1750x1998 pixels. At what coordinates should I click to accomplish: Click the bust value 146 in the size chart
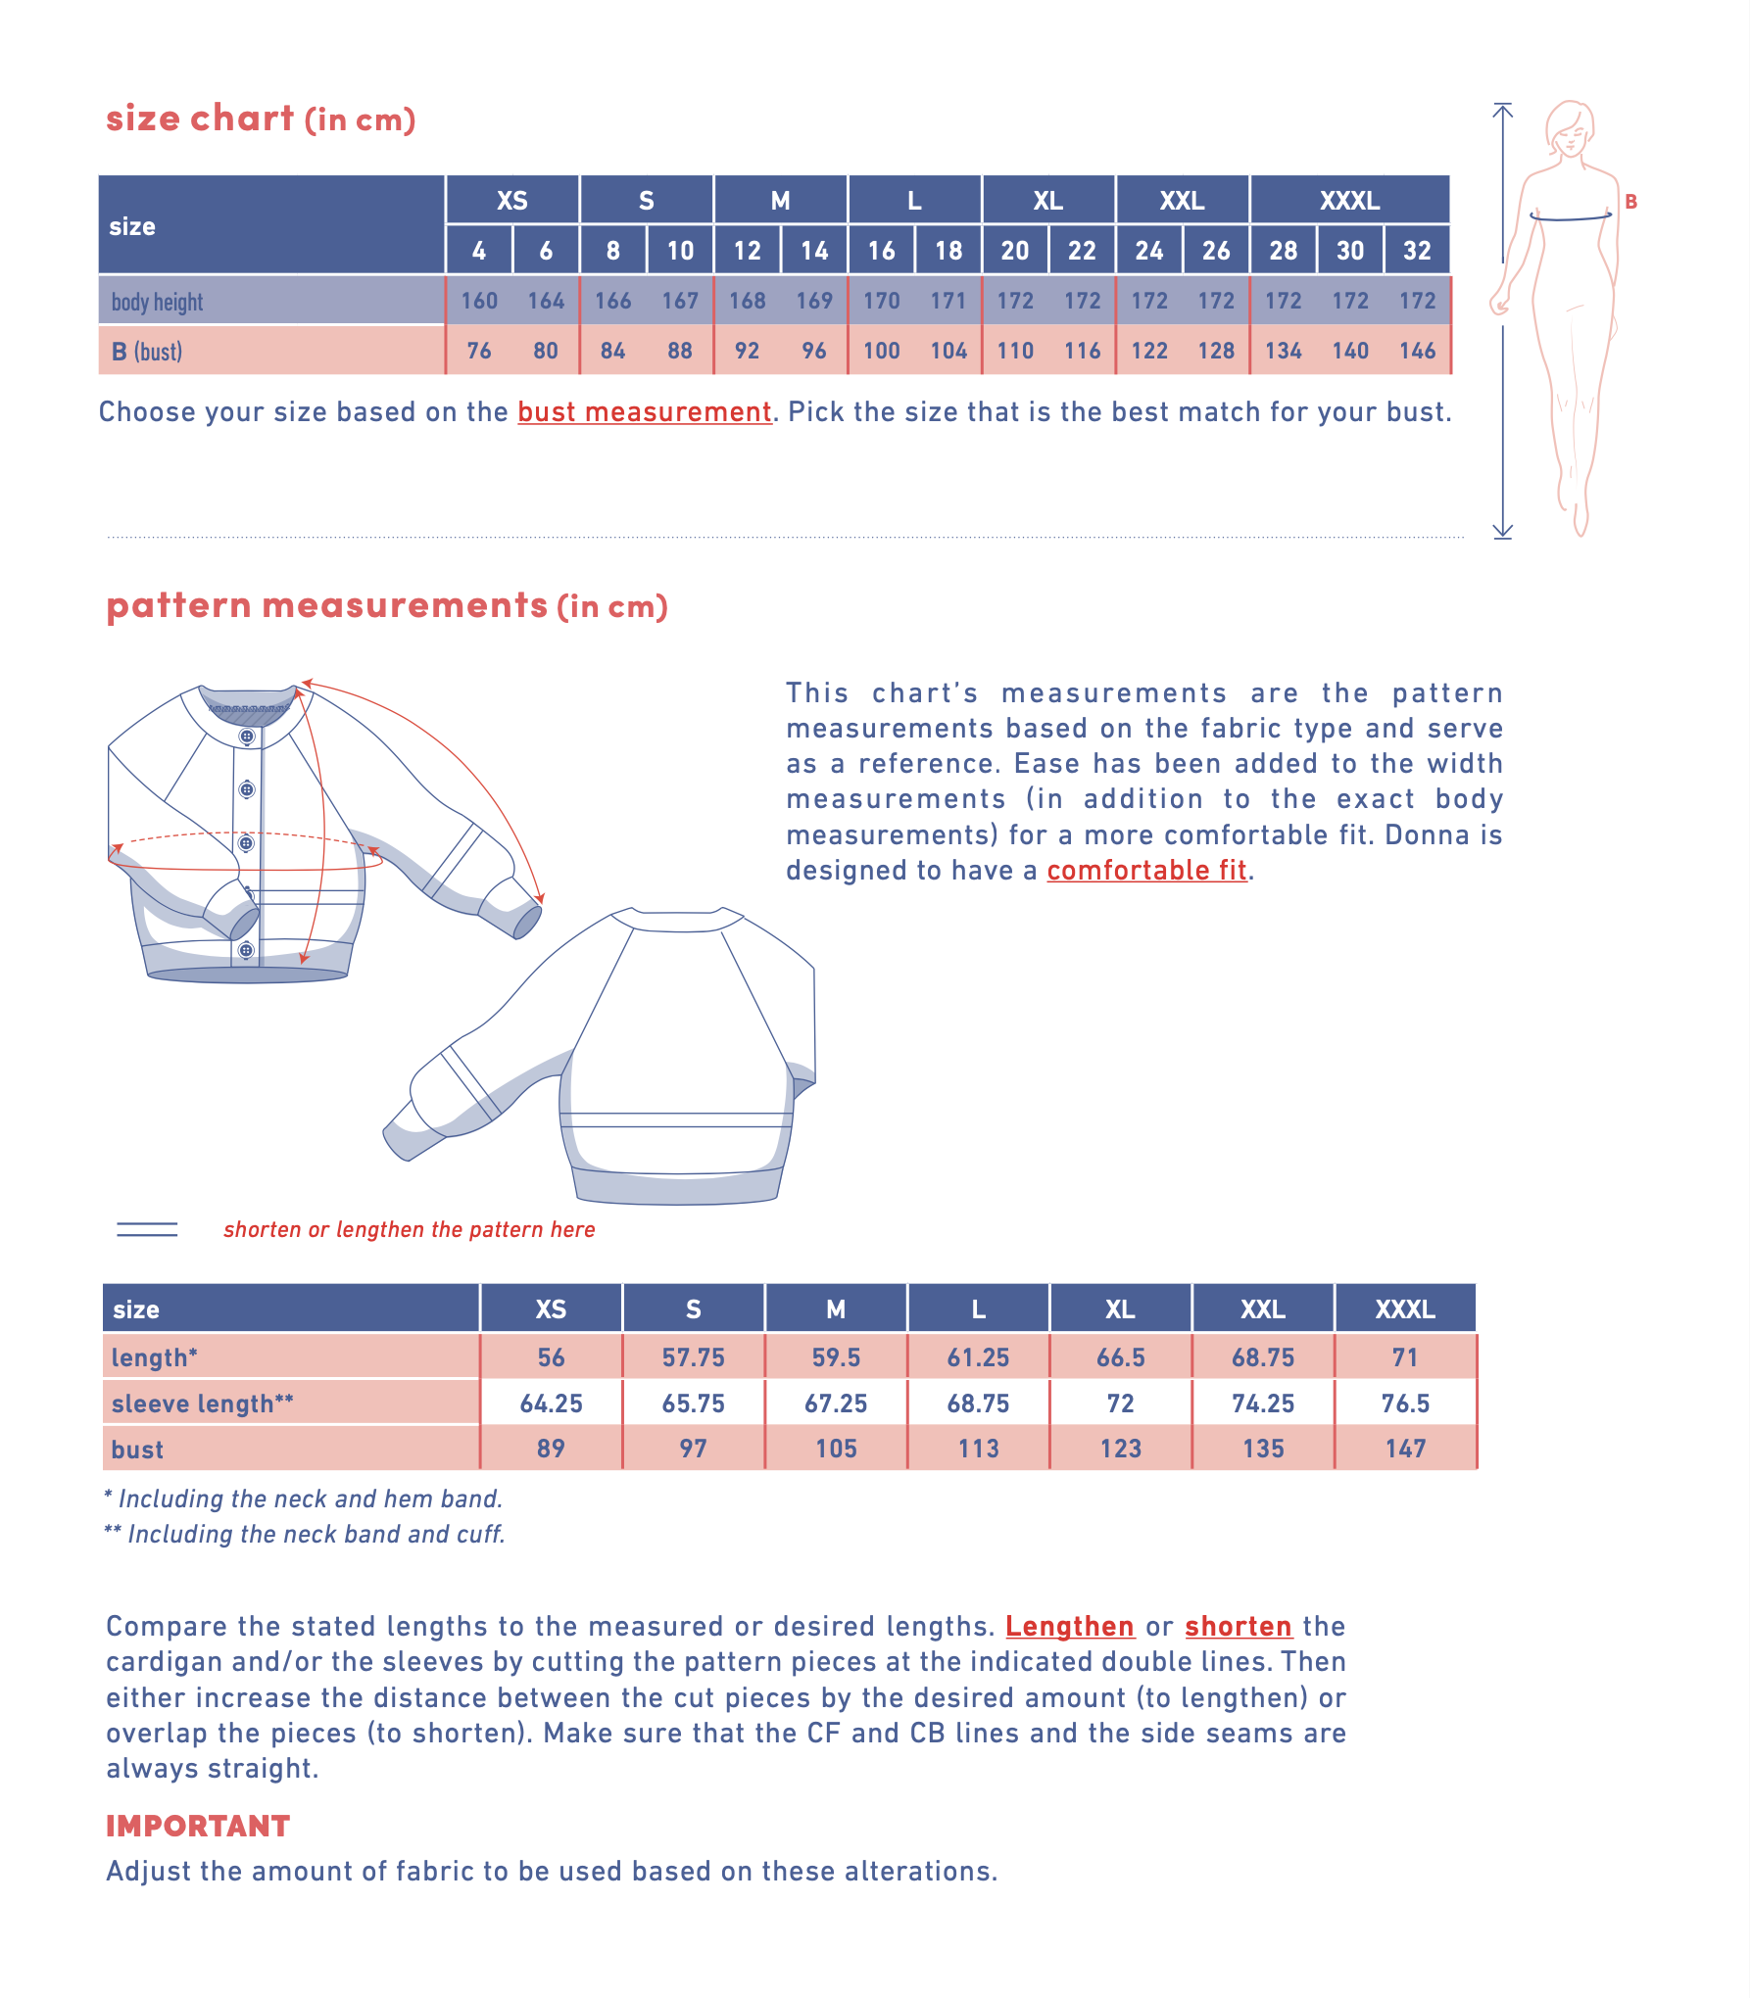1417,351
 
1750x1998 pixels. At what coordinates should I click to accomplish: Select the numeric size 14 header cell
814,251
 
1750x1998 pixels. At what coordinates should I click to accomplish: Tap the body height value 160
479,301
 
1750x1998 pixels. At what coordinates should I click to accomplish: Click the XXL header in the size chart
1182,201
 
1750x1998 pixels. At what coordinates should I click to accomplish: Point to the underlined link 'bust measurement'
644,412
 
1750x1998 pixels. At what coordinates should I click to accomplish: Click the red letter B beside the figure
1630,202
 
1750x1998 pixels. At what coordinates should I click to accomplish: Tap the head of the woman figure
1570,127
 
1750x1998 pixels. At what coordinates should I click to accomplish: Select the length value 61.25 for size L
978,1357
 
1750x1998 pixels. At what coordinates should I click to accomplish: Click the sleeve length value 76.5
1405,1403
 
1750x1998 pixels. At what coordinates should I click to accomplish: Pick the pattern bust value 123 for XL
1120,1449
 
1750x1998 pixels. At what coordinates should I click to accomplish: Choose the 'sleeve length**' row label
202,1403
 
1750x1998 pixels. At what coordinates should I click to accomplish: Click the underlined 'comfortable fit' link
1146,871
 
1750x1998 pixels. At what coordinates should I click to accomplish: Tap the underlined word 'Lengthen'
1069,1627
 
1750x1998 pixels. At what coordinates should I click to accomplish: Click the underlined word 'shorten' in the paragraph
1238,1627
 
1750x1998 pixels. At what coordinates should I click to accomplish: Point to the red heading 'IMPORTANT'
198,1827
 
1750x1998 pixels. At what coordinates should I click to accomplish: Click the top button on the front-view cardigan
247,737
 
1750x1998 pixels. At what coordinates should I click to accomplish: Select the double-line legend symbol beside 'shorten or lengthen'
147,1230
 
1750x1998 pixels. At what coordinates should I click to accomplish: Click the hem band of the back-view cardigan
676,1188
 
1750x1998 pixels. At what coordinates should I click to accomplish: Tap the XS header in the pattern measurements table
551,1309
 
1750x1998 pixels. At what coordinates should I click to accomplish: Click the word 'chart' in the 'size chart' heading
242,119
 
